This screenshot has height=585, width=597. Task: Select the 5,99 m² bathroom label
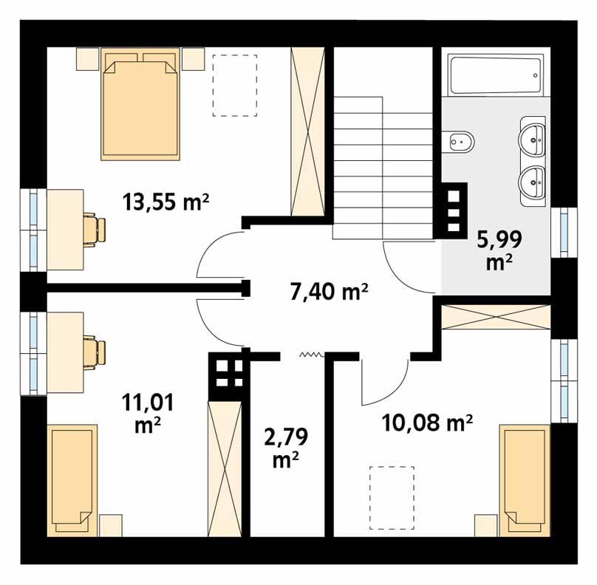pyautogui.click(x=499, y=249)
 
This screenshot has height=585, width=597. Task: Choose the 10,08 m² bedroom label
pyautogui.click(x=427, y=422)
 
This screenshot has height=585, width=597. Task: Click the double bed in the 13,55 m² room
pyautogui.click(x=140, y=103)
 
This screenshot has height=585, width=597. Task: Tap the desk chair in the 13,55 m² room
pyautogui.click(x=93, y=229)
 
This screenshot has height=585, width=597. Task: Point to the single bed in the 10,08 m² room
pyautogui.click(x=525, y=480)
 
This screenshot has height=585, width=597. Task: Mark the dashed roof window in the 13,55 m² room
pyautogui.click(x=233, y=84)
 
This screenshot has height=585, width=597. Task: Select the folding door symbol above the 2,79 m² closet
pyautogui.click(x=311, y=355)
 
